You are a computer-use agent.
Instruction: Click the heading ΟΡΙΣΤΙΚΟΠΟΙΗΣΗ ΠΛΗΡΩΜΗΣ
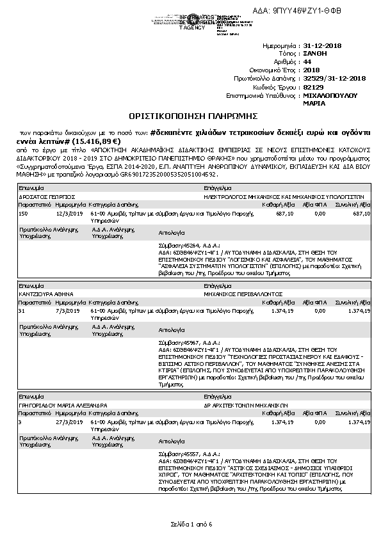193,116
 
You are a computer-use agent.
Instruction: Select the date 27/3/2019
66,422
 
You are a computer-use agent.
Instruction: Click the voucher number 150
23,213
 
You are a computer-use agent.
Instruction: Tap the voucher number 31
22,310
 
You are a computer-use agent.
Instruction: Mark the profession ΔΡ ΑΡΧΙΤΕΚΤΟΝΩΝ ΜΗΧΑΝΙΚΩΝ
245,406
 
